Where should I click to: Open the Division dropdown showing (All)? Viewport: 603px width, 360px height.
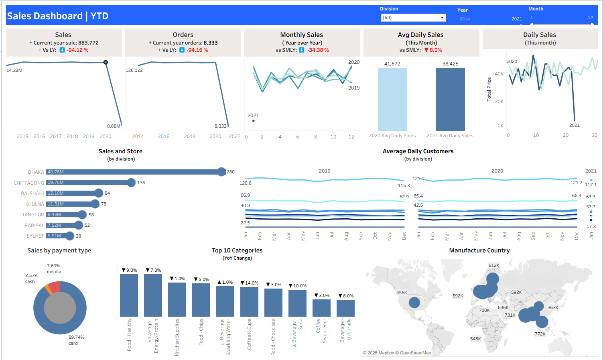[x=413, y=18]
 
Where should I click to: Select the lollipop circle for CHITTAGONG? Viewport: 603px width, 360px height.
[x=131, y=183]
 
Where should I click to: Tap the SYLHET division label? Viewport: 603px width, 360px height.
[x=35, y=236]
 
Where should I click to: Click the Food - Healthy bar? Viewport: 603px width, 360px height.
[x=129, y=295]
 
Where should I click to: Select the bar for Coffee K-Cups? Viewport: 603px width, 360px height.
[x=249, y=301]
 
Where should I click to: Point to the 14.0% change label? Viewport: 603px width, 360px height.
[x=250, y=283]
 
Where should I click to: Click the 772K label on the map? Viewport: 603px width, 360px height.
[x=540, y=334]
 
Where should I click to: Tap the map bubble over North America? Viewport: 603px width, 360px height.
[x=414, y=302]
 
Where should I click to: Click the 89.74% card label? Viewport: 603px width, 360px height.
[x=76, y=337]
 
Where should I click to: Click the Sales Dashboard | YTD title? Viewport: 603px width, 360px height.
[x=58, y=16]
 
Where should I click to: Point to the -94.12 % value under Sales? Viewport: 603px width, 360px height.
[x=77, y=50]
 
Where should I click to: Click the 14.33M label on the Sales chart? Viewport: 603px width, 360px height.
[x=14, y=70]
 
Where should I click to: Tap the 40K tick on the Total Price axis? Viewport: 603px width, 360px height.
[x=499, y=74]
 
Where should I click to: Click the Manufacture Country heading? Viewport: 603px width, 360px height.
[x=479, y=250]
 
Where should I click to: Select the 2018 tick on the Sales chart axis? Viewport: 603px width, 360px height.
[x=72, y=136]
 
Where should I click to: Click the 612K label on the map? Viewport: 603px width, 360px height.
[x=494, y=265]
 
